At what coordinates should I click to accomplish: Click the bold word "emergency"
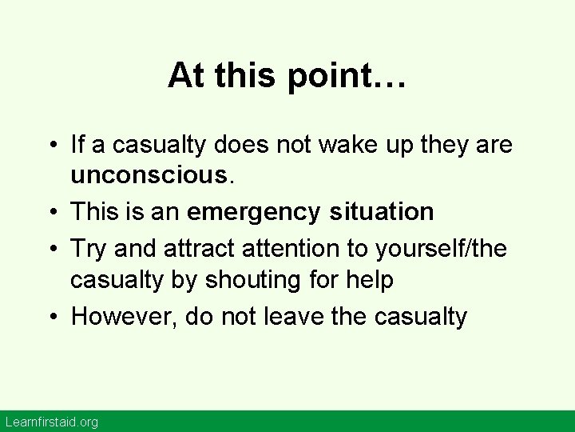coord(239,212)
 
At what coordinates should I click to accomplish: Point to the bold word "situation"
coord(380,212)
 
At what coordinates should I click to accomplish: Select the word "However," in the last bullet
coord(123,317)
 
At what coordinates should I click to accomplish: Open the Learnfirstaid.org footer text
coord(51,422)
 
